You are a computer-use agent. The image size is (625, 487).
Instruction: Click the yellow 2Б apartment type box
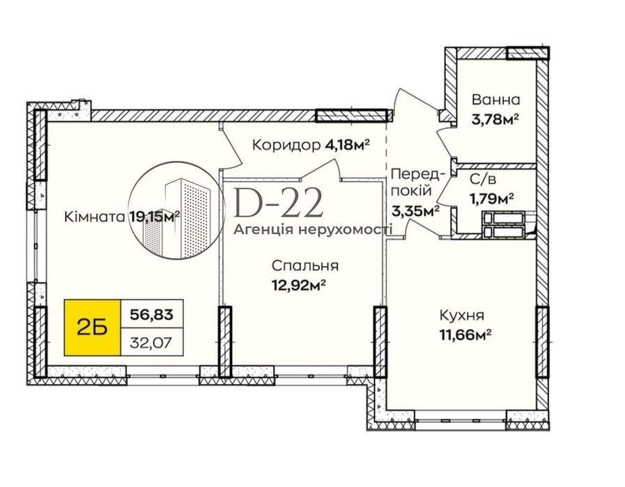(x=92, y=327)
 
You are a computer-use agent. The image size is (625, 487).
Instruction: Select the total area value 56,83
(x=152, y=315)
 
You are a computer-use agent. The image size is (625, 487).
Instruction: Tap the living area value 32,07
(x=152, y=342)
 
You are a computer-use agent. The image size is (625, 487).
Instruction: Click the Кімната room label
(x=95, y=217)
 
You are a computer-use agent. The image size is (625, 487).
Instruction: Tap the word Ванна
(x=496, y=99)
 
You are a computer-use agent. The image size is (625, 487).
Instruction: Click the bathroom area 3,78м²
(x=495, y=118)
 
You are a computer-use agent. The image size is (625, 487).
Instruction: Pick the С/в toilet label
(x=483, y=180)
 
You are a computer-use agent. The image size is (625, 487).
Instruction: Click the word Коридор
(x=286, y=145)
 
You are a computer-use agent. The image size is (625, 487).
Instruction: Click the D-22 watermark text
(x=278, y=203)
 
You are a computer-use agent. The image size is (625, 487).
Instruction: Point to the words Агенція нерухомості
(x=314, y=229)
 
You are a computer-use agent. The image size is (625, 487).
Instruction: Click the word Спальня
(x=305, y=265)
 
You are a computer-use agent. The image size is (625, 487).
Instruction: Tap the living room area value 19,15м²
(x=155, y=217)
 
